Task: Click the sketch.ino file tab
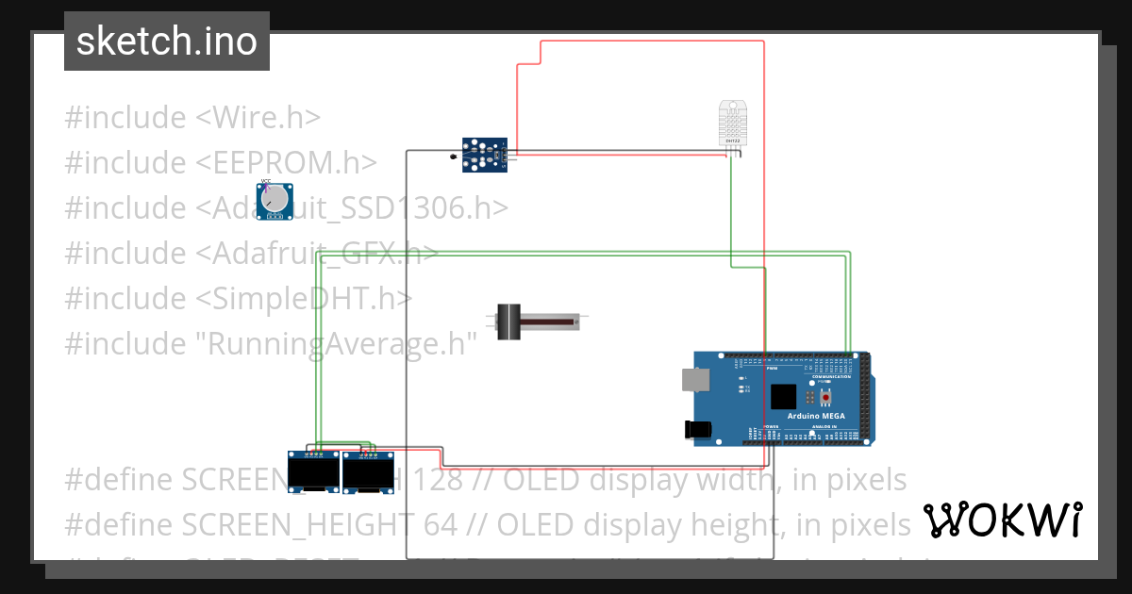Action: click(166, 41)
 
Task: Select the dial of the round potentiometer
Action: click(275, 200)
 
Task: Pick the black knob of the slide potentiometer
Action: click(509, 322)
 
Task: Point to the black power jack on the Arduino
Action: click(697, 429)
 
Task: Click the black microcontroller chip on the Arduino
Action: click(783, 396)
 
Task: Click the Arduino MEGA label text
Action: click(817, 416)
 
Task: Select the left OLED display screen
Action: click(312, 473)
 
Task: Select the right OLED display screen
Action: click(368, 473)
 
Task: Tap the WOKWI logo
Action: click(1002, 520)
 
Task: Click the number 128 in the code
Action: click(438, 480)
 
